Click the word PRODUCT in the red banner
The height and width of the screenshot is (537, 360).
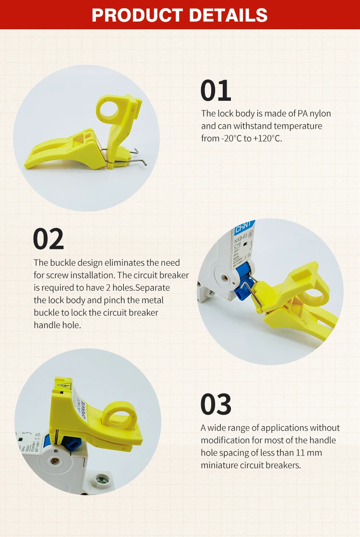click(137, 14)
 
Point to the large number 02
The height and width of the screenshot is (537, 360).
click(48, 239)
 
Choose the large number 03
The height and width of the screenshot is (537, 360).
click(216, 404)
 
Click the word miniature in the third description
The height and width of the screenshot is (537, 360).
click(218, 465)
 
